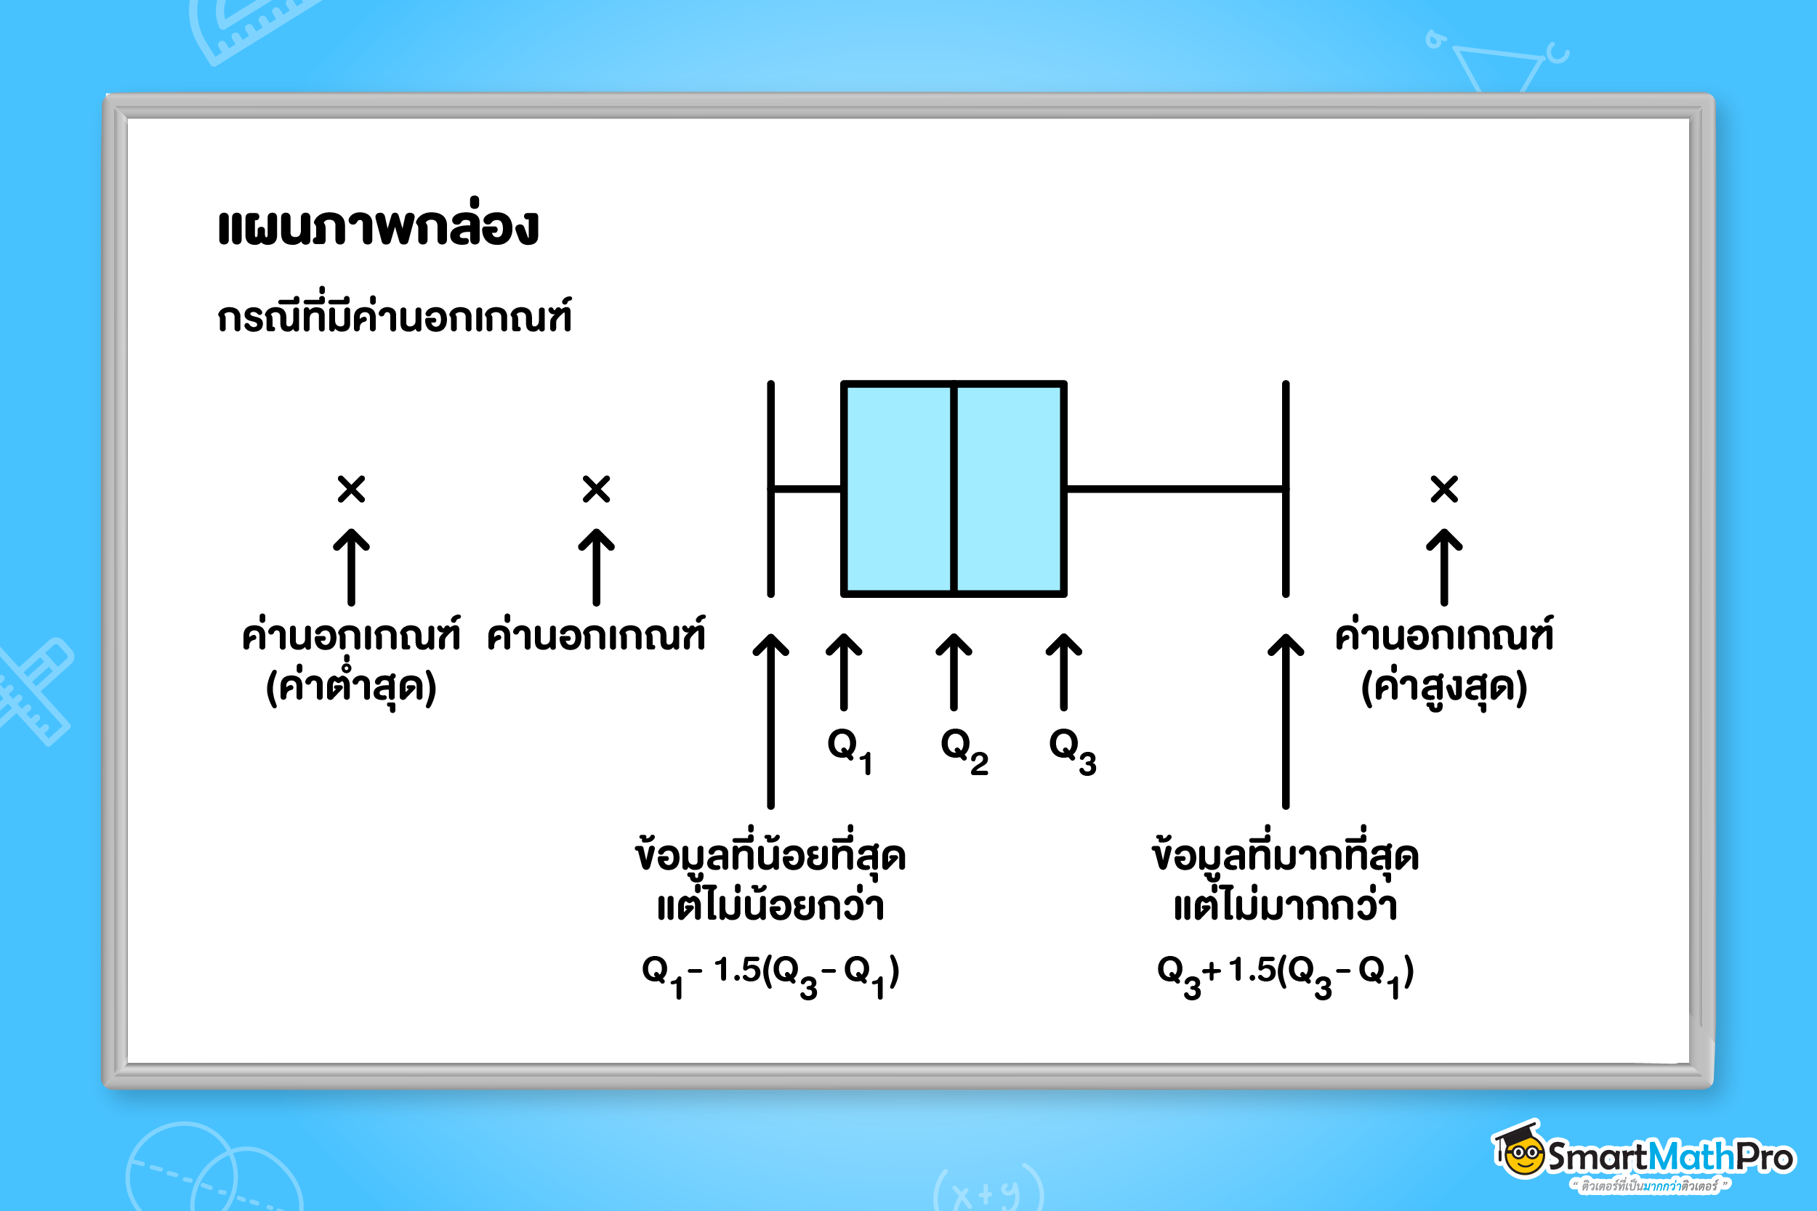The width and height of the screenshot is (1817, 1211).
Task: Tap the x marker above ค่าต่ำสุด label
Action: (352, 489)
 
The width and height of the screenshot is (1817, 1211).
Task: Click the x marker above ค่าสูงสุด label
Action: (1444, 489)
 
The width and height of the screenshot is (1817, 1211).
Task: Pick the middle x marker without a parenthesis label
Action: (597, 489)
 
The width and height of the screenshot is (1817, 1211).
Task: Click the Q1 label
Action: (849, 750)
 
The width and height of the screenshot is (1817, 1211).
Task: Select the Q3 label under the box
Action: (1072, 750)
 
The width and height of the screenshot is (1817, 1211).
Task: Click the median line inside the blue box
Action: (954, 489)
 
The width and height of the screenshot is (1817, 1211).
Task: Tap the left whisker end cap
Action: (770, 489)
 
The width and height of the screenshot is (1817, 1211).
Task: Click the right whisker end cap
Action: (1286, 489)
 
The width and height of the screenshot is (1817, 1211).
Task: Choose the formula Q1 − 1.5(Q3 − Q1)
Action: (770, 976)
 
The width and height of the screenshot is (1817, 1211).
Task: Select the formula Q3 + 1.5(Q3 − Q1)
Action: (1286, 976)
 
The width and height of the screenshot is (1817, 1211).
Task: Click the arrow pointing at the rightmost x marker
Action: (1444, 567)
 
